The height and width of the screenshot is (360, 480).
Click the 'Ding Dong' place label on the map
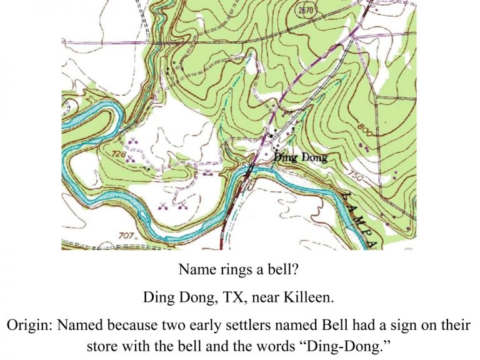tap(301, 158)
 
